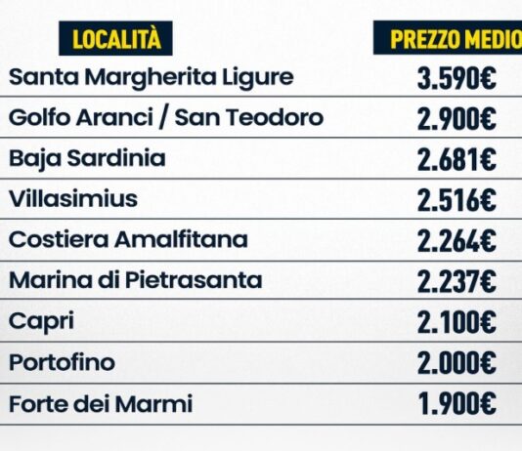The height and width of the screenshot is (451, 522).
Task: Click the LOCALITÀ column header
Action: point(116,38)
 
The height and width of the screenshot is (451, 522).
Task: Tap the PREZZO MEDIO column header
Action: point(448,38)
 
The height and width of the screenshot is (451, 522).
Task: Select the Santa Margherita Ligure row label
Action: point(152,78)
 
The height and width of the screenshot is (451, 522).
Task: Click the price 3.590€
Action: point(457,78)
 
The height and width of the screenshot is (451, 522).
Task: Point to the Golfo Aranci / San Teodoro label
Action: point(166,118)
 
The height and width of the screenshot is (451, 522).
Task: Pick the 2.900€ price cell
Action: point(457,119)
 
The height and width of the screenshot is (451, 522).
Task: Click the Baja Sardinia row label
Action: point(87,159)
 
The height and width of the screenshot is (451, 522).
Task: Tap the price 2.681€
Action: point(457,159)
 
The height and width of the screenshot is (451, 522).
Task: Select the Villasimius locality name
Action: point(73,199)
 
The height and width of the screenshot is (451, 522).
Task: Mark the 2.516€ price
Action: point(457,200)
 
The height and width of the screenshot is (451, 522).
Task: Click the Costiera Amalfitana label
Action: point(128,239)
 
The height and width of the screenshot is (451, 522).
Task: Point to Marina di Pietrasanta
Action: point(136,280)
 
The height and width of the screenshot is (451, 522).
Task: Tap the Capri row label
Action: point(41,322)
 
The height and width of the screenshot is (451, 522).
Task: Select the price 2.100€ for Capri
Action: point(457,322)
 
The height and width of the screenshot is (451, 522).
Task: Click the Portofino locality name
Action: point(62,362)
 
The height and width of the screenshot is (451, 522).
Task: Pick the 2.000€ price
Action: point(457,363)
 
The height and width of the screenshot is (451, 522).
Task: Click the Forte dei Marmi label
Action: point(101,403)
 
